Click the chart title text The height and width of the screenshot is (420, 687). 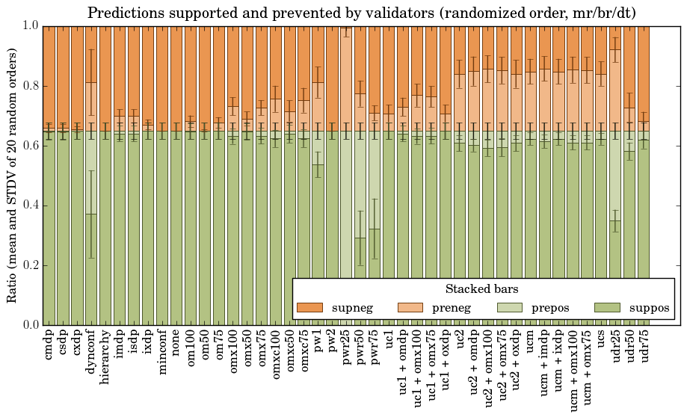361,13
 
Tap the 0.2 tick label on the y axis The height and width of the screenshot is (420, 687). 31,265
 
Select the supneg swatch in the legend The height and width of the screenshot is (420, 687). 309,308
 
